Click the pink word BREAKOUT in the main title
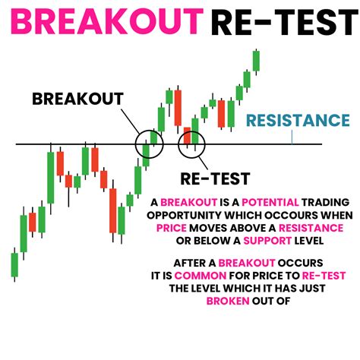[x=106, y=23]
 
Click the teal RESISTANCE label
[x=298, y=120]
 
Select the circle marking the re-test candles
[x=192, y=142]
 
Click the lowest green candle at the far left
[x=14, y=264]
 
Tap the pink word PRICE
[x=177, y=228]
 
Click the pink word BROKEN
[x=230, y=300]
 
